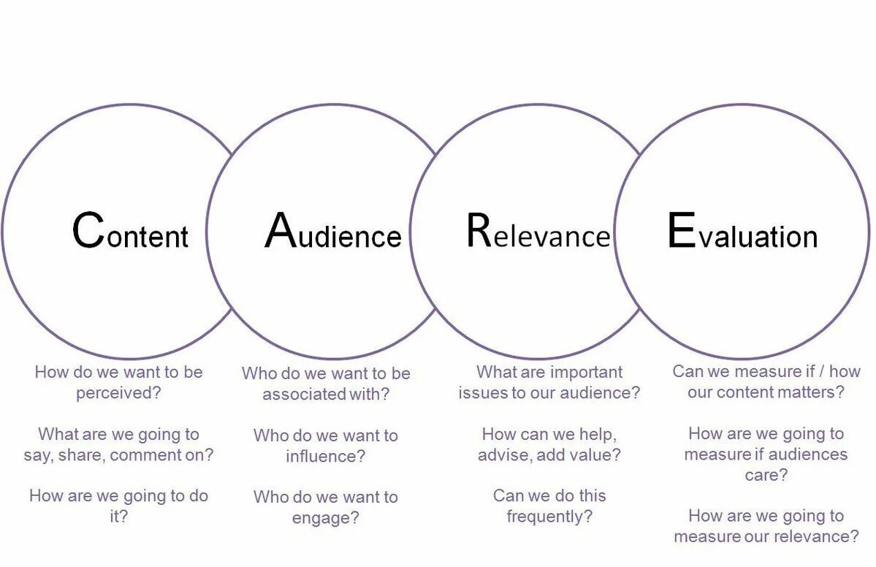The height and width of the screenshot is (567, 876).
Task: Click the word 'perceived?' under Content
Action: coord(118,392)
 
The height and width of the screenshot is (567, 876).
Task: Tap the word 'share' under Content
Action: coord(76,455)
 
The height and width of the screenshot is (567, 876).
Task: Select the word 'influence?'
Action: coord(325,457)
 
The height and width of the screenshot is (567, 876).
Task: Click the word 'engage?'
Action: coord(325,518)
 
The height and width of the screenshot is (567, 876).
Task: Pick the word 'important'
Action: coord(586,372)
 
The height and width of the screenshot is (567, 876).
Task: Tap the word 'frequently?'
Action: coord(549,517)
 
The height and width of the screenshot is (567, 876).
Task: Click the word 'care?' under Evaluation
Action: coord(766,475)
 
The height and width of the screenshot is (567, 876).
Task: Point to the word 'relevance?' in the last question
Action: coord(820,536)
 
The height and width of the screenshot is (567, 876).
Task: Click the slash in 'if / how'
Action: coord(820,371)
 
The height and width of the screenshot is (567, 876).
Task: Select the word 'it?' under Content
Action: coord(118,517)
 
